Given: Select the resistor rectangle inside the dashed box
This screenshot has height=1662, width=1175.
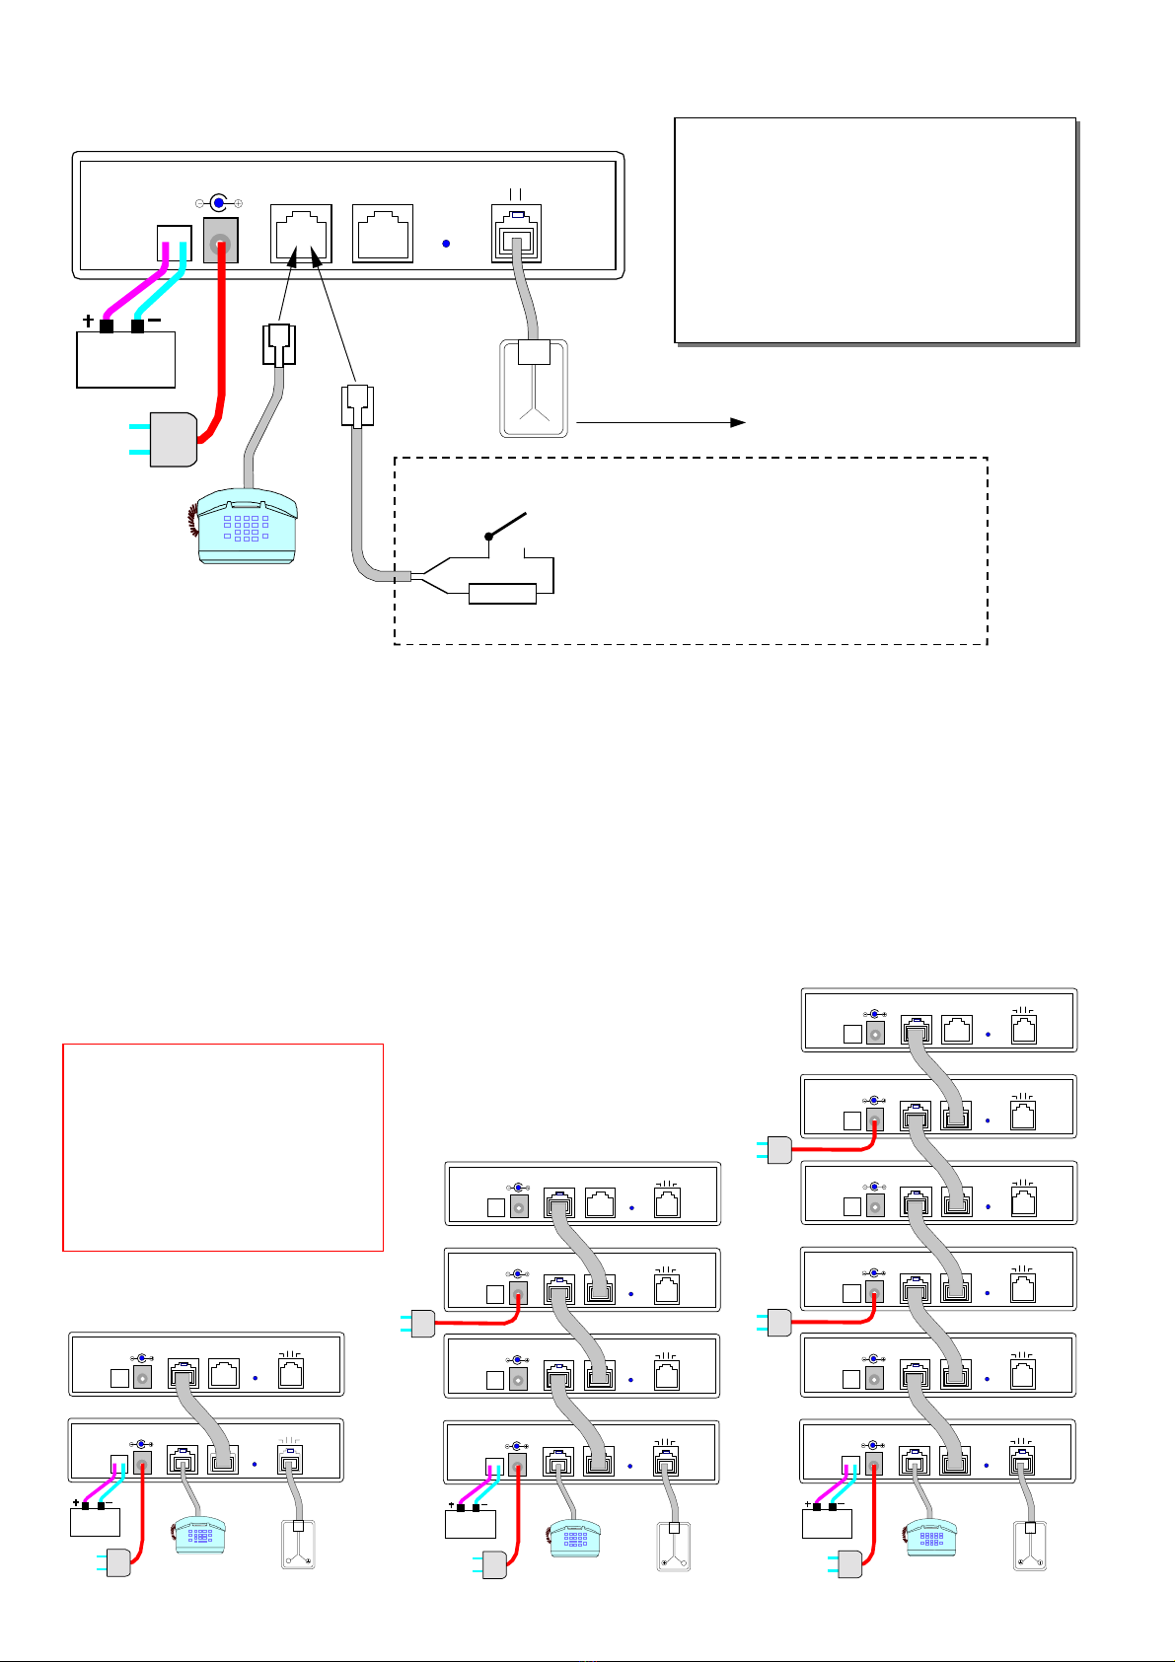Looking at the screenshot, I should click(x=502, y=593).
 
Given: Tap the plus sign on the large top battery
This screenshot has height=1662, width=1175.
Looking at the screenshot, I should click(x=90, y=322).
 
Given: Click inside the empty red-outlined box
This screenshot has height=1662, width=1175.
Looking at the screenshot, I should click(x=222, y=1146).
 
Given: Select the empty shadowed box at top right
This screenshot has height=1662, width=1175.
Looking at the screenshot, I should click(x=874, y=230).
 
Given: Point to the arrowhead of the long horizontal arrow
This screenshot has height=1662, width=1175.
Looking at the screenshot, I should click(x=737, y=422).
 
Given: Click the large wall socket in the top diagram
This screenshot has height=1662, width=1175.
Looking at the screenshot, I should click(x=534, y=388).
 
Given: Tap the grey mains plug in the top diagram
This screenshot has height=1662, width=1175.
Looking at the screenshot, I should click(x=174, y=439).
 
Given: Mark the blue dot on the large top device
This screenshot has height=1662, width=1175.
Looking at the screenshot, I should click(x=447, y=244).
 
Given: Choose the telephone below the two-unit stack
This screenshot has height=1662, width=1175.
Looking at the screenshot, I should click(x=199, y=1533).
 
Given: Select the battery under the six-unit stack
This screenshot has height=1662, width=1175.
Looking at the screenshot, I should click(x=827, y=1522).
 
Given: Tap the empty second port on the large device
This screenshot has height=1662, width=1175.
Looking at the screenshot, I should click(x=382, y=234).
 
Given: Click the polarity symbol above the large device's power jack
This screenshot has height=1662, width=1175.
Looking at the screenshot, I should click(x=218, y=202).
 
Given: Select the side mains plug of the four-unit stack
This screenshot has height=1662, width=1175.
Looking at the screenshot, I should click(x=422, y=1323).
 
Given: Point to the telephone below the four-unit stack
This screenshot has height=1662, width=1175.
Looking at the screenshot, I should click(x=575, y=1535).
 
